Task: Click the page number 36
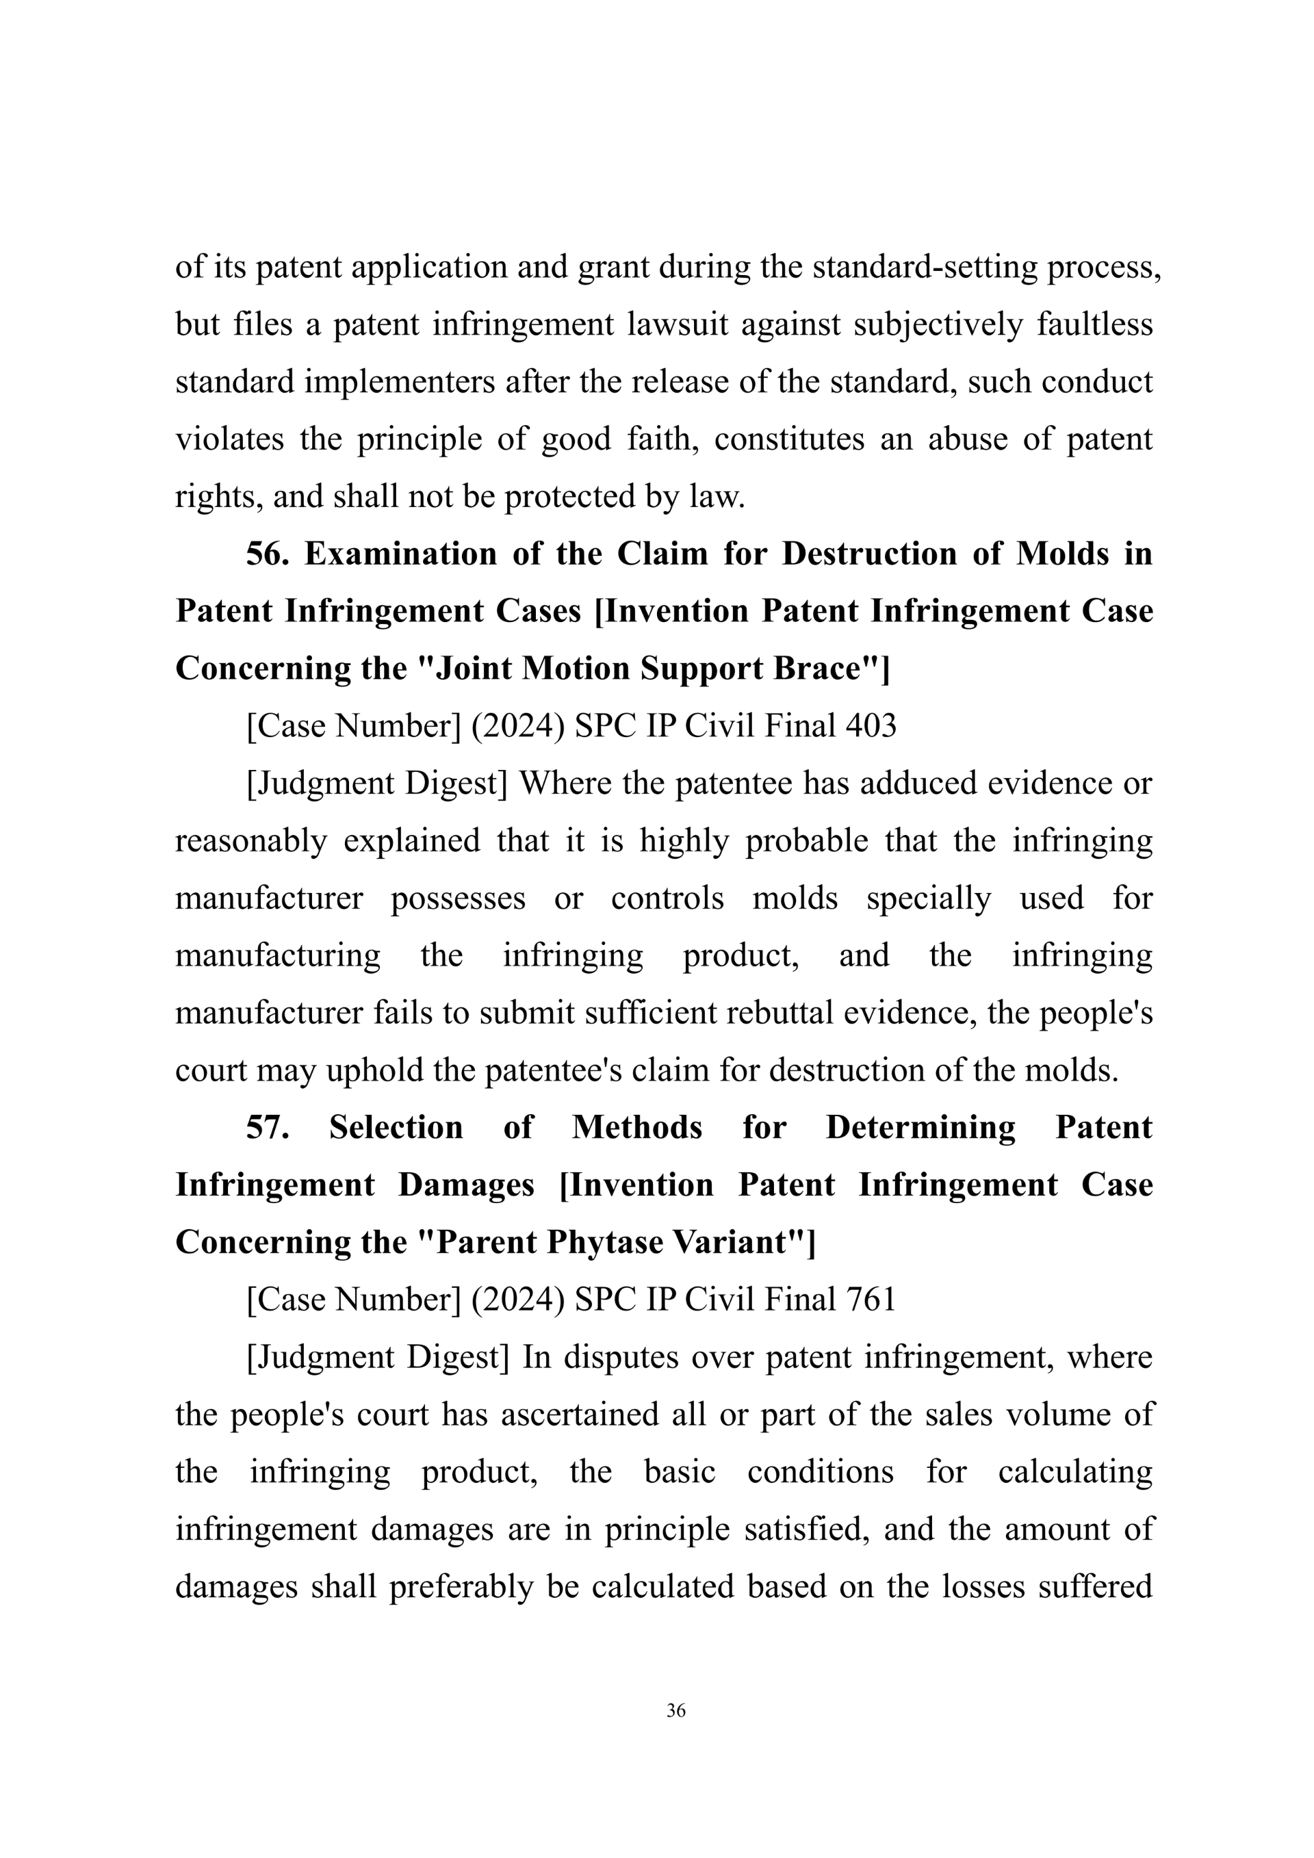(675, 1710)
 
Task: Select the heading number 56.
(267, 554)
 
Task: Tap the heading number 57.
(267, 1127)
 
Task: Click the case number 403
(871, 726)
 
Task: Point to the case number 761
(871, 1299)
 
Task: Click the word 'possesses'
(458, 899)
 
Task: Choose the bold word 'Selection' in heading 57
(396, 1127)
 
